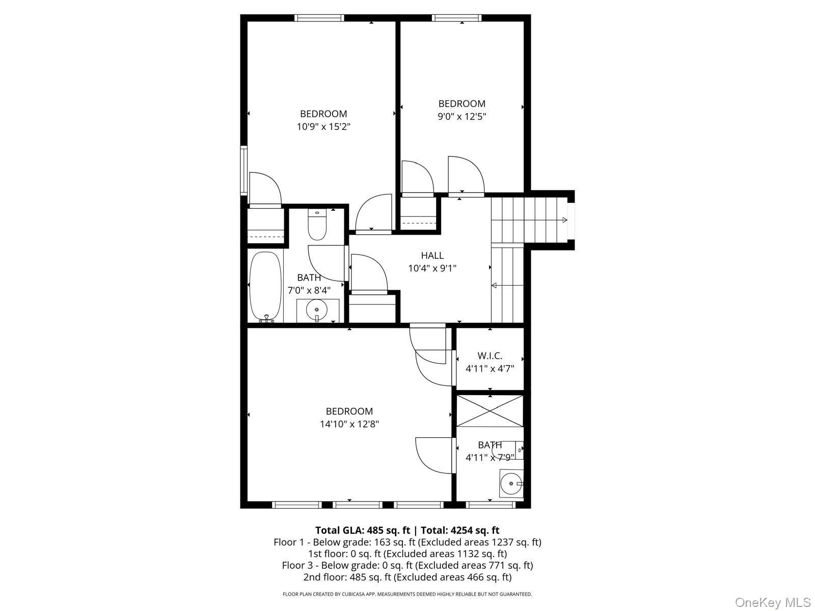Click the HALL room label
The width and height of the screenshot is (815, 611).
(432, 255)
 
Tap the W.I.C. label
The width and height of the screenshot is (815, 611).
(490, 356)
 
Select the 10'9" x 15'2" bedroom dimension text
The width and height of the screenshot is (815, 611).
(323, 127)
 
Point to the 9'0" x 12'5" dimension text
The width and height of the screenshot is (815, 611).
(462, 117)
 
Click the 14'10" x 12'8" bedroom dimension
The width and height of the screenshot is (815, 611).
(349, 424)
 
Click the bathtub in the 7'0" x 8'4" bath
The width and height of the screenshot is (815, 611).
(265, 287)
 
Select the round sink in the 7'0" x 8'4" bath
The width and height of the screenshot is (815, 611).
(317, 310)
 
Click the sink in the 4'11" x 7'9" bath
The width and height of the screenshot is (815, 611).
(511, 483)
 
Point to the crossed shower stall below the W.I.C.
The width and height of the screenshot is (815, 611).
(490, 411)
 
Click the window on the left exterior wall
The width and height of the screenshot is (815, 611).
(244, 170)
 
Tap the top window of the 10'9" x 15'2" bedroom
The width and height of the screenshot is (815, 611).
(319, 18)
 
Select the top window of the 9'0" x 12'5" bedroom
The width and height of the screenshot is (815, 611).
(457, 18)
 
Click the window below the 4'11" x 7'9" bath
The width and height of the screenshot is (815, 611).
(491, 505)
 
